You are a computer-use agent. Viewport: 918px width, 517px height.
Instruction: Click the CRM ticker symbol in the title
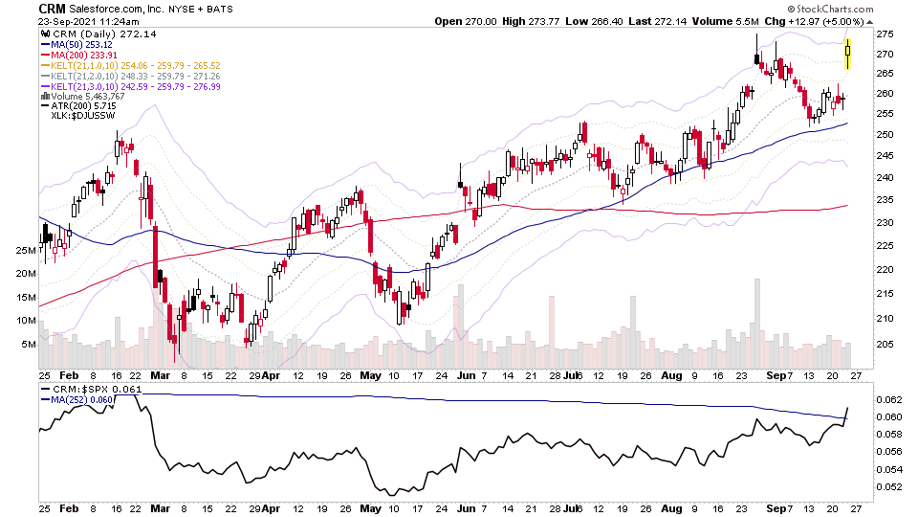(52, 9)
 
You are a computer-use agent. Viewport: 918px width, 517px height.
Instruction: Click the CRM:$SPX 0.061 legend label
(85, 391)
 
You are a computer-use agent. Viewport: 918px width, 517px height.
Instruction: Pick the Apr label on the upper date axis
(273, 376)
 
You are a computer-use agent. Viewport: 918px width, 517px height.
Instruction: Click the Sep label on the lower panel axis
(783, 507)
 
